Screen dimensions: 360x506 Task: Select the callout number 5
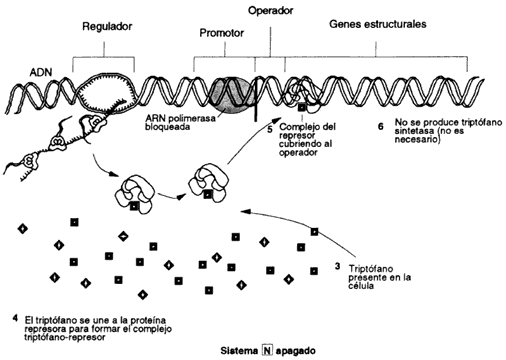[270, 129]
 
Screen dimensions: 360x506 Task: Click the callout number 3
[338, 267]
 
